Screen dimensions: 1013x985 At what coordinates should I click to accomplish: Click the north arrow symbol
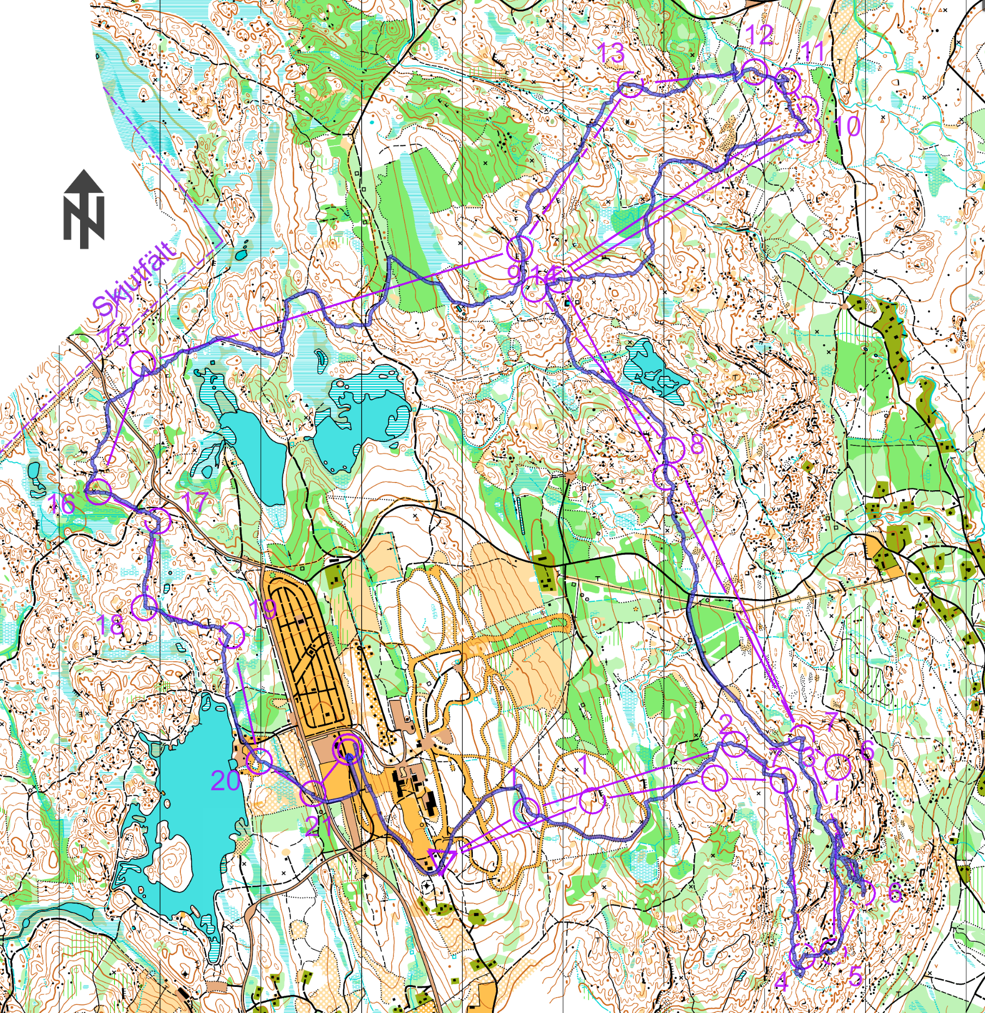83,210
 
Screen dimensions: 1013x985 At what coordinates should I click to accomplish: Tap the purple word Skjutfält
135,279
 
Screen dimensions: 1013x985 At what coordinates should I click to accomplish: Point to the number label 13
611,53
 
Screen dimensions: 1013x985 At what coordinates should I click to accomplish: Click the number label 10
848,126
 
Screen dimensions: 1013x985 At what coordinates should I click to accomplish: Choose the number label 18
110,625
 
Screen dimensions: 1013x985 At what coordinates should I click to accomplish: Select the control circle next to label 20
259,761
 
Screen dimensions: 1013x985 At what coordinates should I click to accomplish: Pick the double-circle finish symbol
348,750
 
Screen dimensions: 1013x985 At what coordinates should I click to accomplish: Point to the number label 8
697,445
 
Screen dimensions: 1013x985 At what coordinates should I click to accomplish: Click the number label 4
781,983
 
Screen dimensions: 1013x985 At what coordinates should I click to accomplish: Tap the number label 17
194,502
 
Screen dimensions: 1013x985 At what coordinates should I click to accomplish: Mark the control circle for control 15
143,363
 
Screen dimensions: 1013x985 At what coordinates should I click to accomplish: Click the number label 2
725,723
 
